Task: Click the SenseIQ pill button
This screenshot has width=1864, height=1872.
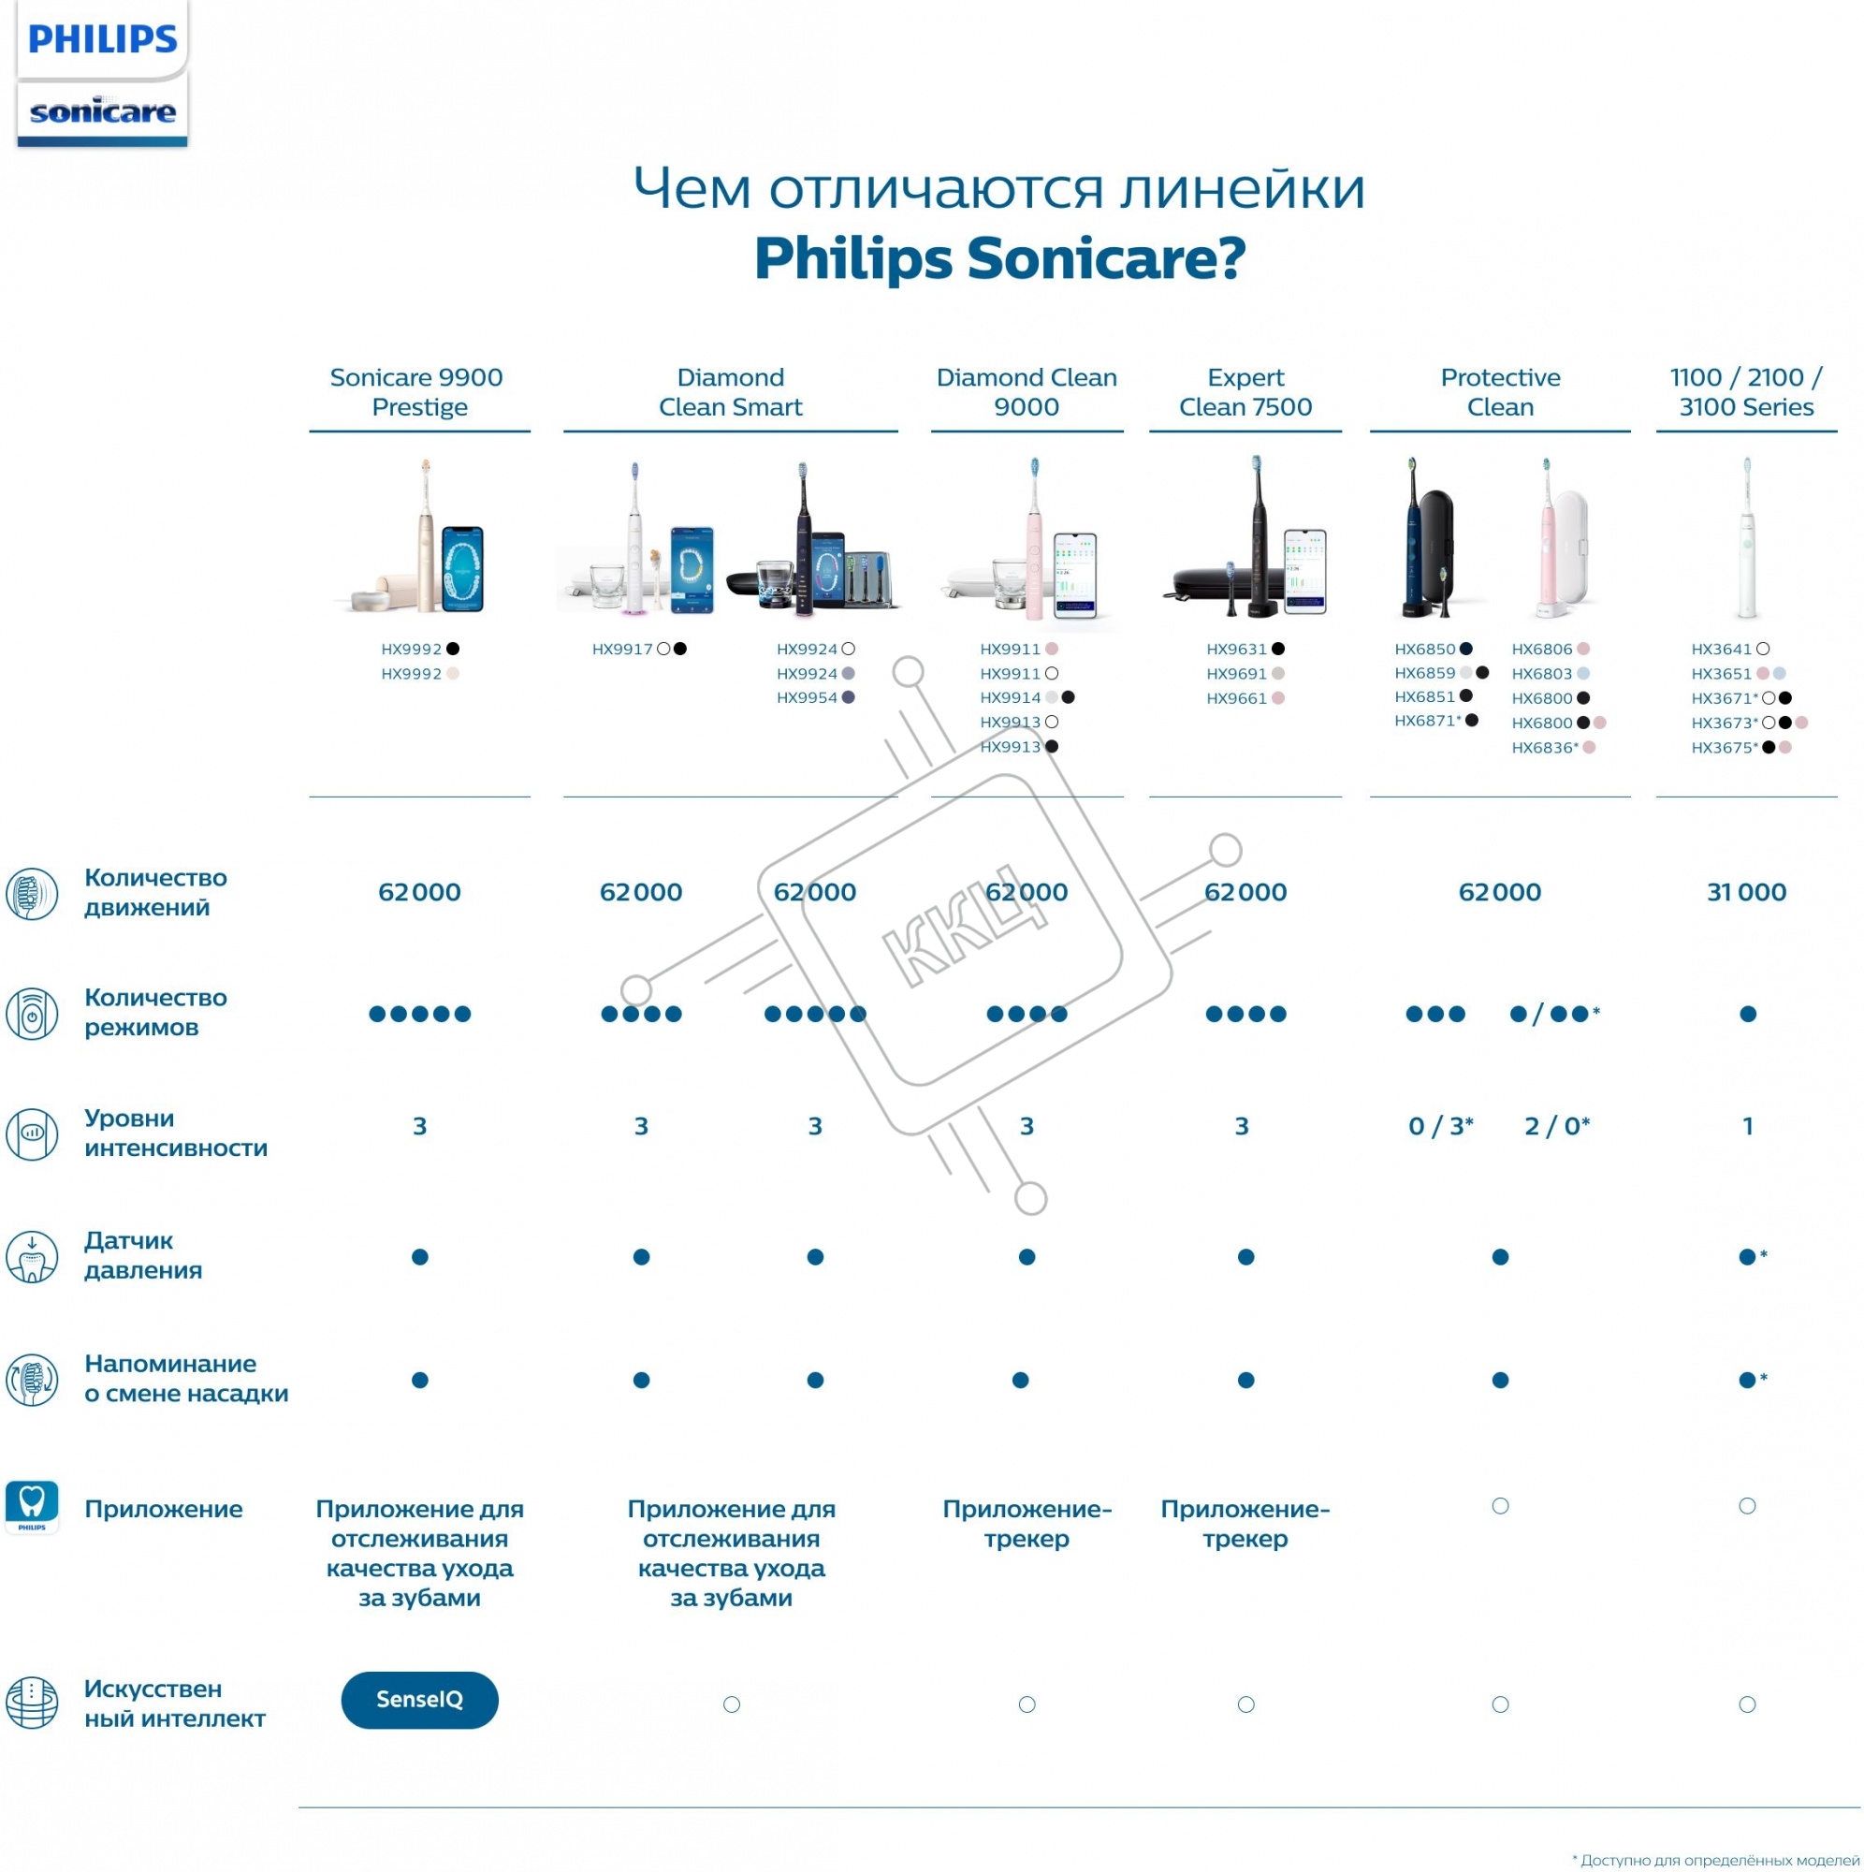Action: [419, 1700]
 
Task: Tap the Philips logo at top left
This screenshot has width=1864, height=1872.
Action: [103, 39]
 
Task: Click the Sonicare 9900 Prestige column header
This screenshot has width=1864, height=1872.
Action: [417, 391]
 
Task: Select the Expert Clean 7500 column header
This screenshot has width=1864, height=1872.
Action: [1245, 391]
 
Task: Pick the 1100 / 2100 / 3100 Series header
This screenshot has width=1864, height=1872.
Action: [1746, 391]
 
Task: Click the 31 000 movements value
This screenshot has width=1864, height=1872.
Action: [1746, 891]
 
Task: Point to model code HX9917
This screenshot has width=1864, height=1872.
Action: [622, 650]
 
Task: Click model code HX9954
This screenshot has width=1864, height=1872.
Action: [806, 697]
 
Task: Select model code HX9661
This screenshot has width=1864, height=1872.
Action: [1236, 698]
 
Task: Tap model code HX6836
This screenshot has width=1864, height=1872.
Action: [1541, 748]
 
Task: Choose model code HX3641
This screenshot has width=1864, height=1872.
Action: [1722, 650]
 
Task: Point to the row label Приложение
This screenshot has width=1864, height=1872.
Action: [164, 1509]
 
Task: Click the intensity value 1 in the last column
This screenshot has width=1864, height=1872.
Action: [1748, 1126]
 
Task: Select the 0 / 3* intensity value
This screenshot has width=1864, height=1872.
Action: [1440, 1126]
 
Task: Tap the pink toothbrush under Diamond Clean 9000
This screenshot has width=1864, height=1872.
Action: [1035, 539]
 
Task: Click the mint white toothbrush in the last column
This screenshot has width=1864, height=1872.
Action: [1747, 539]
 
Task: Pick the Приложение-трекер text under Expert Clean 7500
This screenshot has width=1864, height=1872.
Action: [1245, 1523]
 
